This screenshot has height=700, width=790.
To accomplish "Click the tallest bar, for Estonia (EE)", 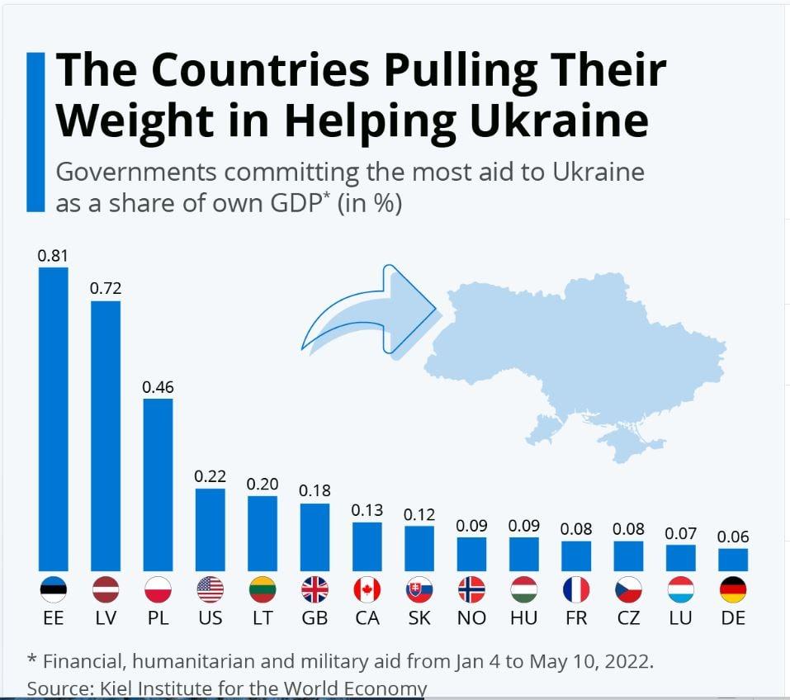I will point(54,419).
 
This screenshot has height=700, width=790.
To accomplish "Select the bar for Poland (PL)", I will point(158,485).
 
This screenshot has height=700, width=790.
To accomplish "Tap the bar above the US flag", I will point(210,530).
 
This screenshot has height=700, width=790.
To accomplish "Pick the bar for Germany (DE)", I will point(733,560).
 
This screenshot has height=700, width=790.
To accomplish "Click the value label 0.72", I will point(106,288).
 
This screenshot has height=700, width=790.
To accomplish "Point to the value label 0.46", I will point(158,386).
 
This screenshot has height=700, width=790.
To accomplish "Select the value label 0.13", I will point(367,510).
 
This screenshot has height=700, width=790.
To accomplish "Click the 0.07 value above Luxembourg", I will point(681,533).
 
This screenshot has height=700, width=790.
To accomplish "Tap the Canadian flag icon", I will point(367,589).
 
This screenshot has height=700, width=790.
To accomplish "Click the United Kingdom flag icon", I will point(315,589).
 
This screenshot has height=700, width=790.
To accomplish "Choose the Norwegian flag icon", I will point(471,589).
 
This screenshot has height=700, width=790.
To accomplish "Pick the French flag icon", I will point(576,589).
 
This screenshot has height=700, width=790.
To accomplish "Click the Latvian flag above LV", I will point(106,589).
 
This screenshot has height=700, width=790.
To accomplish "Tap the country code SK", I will point(419,618).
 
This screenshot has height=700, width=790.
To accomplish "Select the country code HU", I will point(523,618).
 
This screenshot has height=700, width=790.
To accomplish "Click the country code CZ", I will point(628,618).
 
